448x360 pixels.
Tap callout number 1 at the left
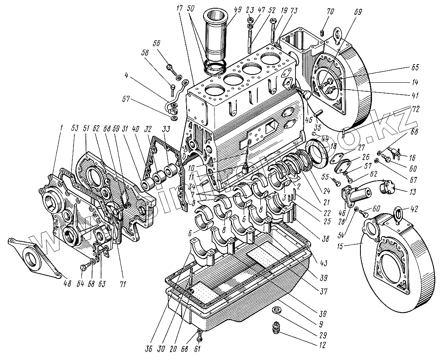60,128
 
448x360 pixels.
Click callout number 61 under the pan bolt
199,348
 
